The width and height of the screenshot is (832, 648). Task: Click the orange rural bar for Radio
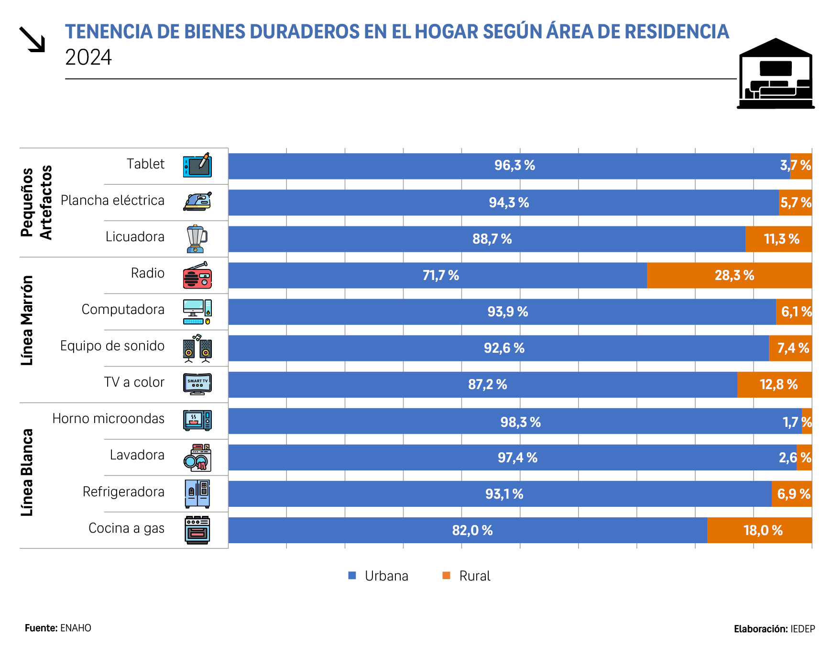tap(729, 275)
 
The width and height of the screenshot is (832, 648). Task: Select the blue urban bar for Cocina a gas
tap(468, 530)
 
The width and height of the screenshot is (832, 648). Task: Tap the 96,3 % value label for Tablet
tap(515, 166)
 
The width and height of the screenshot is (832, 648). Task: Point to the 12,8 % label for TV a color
tap(778, 384)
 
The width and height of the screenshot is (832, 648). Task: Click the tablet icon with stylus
tap(197, 165)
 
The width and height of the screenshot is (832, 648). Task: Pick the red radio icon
tap(197, 275)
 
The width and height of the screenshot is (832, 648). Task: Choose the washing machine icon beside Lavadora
tap(197, 458)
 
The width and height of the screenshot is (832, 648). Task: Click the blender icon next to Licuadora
tap(197, 238)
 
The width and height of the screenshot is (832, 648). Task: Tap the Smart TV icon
tap(197, 384)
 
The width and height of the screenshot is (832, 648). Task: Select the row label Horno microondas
tap(109, 419)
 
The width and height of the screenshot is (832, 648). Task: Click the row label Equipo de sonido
tap(112, 346)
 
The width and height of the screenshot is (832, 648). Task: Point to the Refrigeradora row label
tap(123, 492)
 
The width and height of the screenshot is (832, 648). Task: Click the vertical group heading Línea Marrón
tap(27, 321)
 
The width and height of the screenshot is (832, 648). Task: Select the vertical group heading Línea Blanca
tap(27, 472)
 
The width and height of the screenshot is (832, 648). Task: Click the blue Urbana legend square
tap(352, 576)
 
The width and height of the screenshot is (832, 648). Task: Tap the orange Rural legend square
tap(447, 576)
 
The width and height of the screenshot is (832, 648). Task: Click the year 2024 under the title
tap(88, 58)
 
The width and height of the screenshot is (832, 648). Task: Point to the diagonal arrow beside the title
tap(32, 39)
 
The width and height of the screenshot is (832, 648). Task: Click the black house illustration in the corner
tap(776, 74)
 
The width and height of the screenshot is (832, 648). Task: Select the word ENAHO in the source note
tap(76, 628)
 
